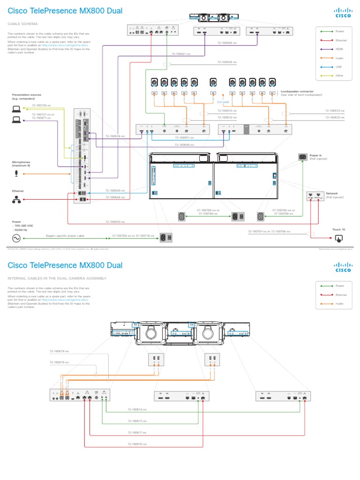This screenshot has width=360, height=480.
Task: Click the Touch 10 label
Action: click(x=338, y=229)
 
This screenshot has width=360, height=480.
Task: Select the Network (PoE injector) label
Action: click(x=335, y=195)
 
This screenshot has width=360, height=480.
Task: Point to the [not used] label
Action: click(x=223, y=101)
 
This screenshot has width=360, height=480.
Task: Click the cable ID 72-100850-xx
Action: click(x=114, y=221)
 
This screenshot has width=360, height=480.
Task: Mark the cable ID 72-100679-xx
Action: click(x=59, y=351)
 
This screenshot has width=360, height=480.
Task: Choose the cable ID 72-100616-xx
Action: click(x=137, y=443)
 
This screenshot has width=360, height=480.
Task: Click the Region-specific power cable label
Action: click(x=65, y=236)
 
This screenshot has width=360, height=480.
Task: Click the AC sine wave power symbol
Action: click(x=16, y=238)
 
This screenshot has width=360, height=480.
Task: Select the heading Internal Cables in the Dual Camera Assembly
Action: click(x=57, y=278)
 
